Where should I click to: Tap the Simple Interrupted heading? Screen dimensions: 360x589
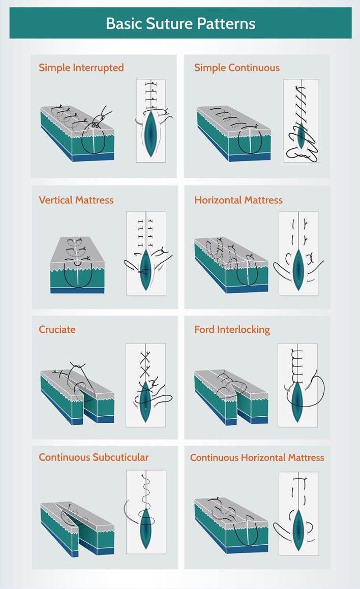(x=81, y=68)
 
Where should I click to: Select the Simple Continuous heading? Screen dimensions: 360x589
(x=237, y=68)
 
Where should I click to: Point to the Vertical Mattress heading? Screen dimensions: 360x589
(x=76, y=200)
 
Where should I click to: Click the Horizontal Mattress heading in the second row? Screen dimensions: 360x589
(x=238, y=200)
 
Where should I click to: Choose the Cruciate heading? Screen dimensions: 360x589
(x=57, y=329)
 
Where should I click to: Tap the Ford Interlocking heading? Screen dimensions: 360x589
(x=232, y=330)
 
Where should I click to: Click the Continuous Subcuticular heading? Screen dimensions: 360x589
(x=94, y=457)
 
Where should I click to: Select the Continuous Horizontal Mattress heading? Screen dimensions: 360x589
(x=257, y=457)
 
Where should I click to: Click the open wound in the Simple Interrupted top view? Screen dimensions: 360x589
(x=151, y=133)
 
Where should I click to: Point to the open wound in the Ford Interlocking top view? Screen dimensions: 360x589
(x=297, y=401)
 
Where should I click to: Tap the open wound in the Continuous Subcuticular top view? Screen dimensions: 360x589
(x=145, y=528)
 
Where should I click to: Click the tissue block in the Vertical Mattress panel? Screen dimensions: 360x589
(x=77, y=265)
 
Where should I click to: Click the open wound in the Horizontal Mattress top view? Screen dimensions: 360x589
(x=298, y=269)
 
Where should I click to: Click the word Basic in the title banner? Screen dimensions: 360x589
(x=124, y=24)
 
